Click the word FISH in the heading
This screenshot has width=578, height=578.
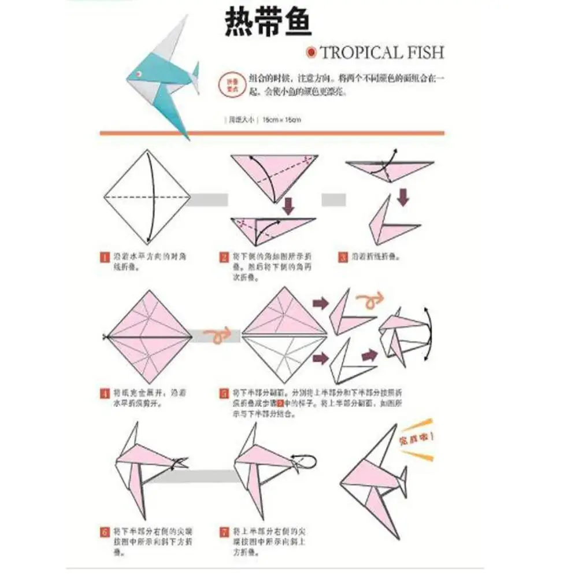click(425, 53)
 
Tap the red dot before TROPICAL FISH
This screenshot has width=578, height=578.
click(312, 53)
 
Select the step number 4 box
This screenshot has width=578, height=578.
click(104, 395)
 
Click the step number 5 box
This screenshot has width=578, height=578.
click(223, 395)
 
